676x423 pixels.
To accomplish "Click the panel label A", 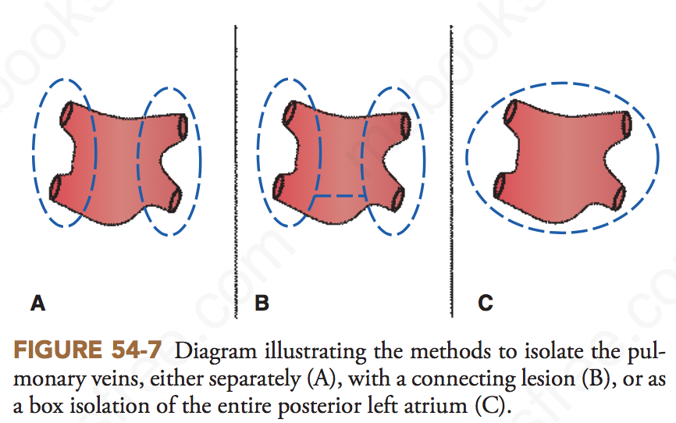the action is [x=37, y=304].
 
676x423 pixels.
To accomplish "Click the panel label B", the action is [x=262, y=304].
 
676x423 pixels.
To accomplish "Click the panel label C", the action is [x=486, y=304].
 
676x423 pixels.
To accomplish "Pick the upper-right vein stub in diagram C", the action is [x=627, y=122].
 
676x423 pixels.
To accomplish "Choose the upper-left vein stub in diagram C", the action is [x=511, y=114].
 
